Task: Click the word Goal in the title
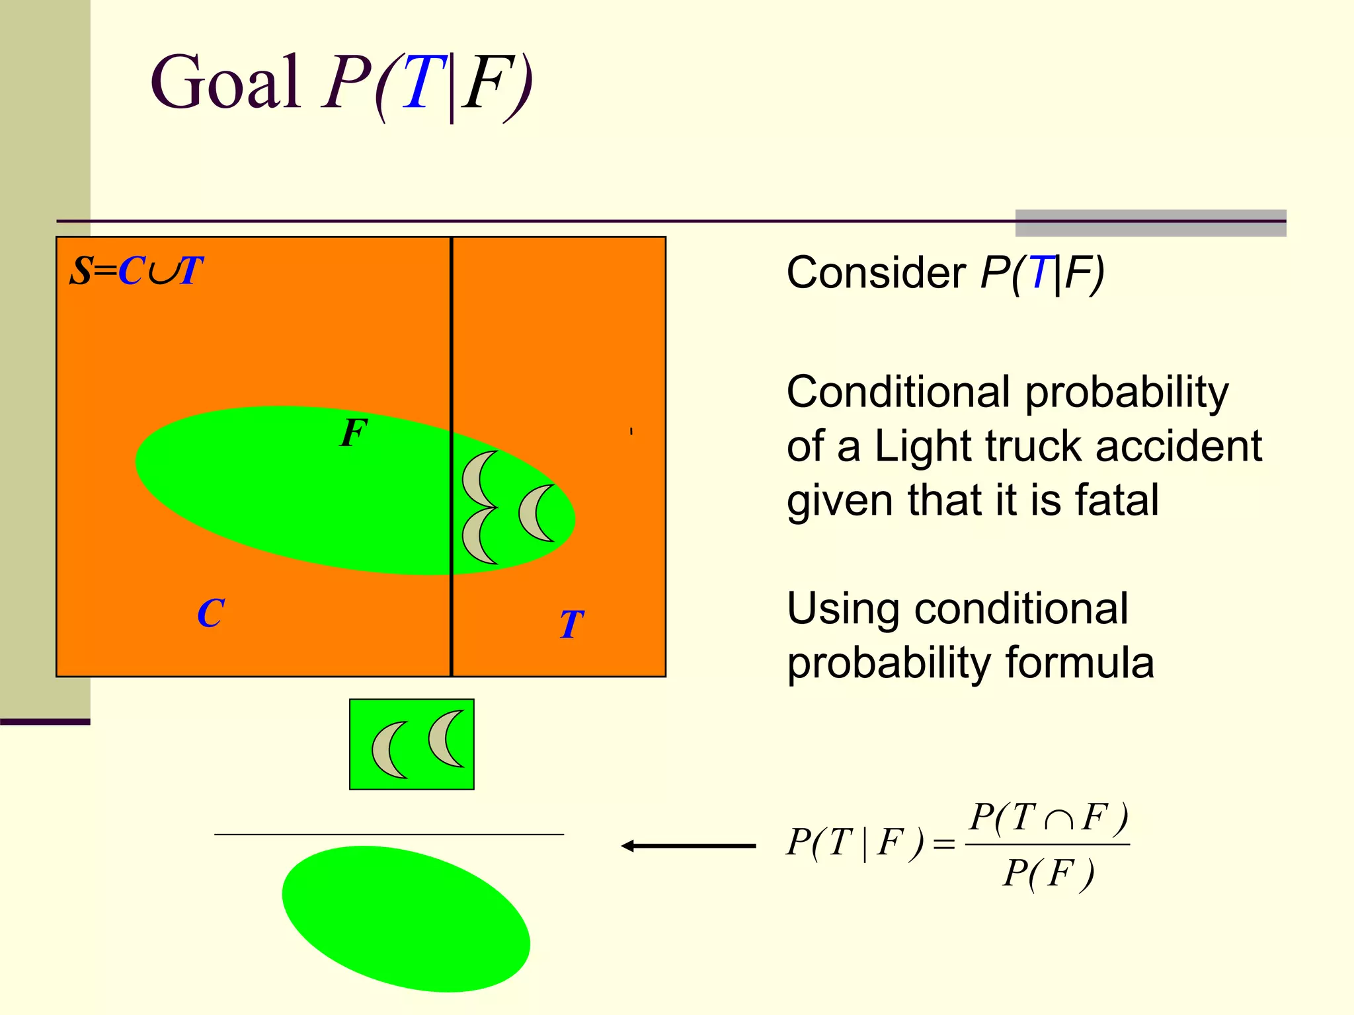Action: pos(225,83)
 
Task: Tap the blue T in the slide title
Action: pos(424,83)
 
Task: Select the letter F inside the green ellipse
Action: pos(353,433)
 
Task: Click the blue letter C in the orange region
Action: pos(211,613)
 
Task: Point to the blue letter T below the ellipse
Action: pos(572,624)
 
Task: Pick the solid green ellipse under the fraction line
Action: pos(405,919)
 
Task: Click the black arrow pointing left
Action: pos(688,846)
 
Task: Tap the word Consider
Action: pos(876,273)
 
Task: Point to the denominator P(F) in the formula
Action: pos(1048,874)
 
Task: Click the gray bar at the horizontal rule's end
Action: pos(1150,223)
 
